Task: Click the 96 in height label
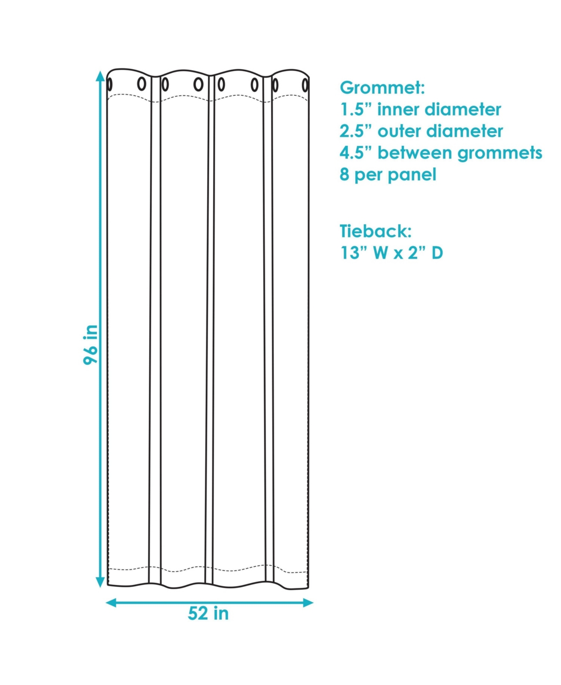(x=91, y=345)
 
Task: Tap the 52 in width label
(x=208, y=614)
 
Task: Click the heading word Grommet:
(x=382, y=88)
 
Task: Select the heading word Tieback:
(x=376, y=231)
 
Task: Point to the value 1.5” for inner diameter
(x=357, y=109)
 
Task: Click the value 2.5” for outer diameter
(x=357, y=131)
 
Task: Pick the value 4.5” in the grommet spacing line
(x=357, y=153)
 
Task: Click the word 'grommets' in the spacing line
(x=500, y=154)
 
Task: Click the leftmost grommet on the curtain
(x=109, y=85)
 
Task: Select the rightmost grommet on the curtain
(x=305, y=85)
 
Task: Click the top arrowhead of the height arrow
(x=101, y=76)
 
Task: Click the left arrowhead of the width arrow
(x=111, y=594)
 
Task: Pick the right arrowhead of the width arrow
(x=308, y=594)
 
